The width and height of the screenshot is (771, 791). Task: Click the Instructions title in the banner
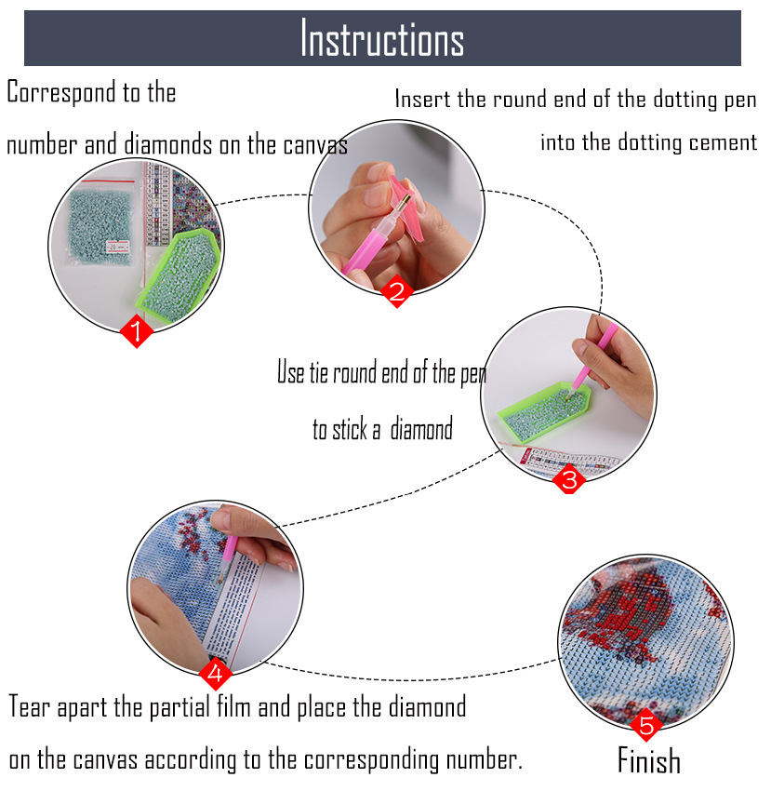click(x=382, y=38)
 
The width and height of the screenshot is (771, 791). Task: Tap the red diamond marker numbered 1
click(x=136, y=331)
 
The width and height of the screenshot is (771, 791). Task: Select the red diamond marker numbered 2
click(x=397, y=291)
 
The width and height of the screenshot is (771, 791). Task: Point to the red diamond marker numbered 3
click(x=569, y=478)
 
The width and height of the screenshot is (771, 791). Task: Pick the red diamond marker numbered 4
click(x=216, y=674)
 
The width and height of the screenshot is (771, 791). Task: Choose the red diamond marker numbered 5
click(x=646, y=725)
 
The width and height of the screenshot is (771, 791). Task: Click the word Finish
click(x=649, y=760)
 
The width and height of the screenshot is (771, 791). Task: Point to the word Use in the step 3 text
click(x=291, y=373)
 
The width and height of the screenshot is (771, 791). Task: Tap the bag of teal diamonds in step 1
click(x=100, y=223)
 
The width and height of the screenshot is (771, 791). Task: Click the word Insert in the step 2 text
click(x=422, y=99)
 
